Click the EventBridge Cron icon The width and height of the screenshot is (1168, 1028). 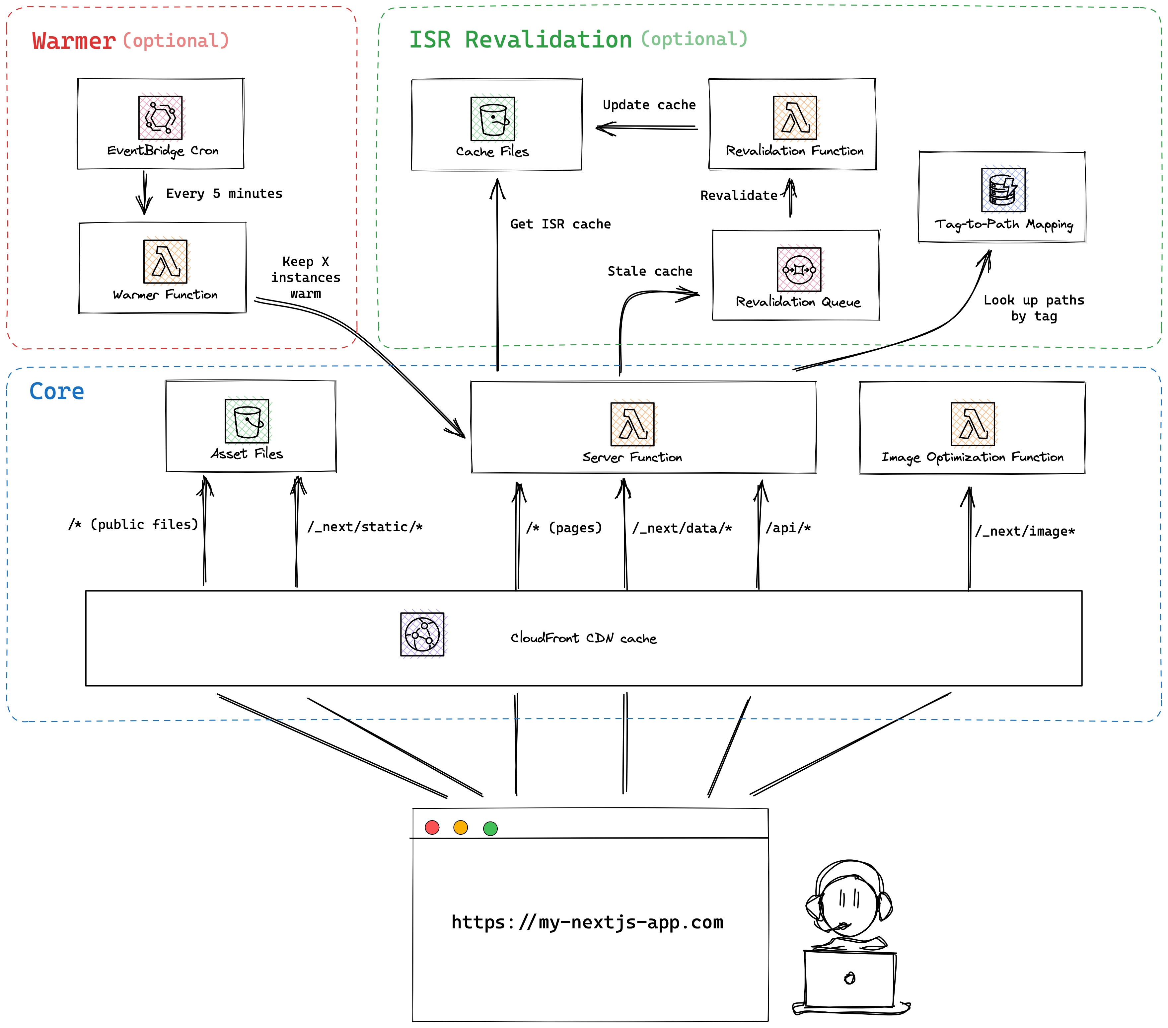pyautogui.click(x=161, y=118)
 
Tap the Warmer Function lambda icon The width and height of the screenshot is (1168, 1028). pyautogui.click(x=165, y=261)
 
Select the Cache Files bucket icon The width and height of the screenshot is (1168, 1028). pyautogui.click(x=492, y=119)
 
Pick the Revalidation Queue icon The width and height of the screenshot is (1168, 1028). pyautogui.click(x=799, y=269)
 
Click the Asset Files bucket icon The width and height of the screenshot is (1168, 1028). pyautogui.click(x=247, y=421)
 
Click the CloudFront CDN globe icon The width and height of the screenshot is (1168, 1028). pyautogui.click(x=422, y=634)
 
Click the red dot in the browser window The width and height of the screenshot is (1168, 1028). pyautogui.click(x=432, y=827)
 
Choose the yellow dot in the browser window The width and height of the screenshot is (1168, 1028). pyautogui.click(x=461, y=827)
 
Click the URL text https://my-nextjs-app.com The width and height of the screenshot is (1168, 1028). pyautogui.click(x=587, y=922)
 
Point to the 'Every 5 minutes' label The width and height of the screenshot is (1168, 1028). pyautogui.click(x=224, y=194)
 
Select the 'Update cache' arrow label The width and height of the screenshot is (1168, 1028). pyautogui.click(x=649, y=105)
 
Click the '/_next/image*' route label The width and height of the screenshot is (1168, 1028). pyautogui.click(x=1025, y=531)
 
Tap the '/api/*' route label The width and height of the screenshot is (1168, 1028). pyautogui.click(x=788, y=528)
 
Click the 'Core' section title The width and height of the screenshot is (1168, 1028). pyautogui.click(x=56, y=392)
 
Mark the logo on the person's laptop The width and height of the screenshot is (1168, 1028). pyautogui.click(x=850, y=978)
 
